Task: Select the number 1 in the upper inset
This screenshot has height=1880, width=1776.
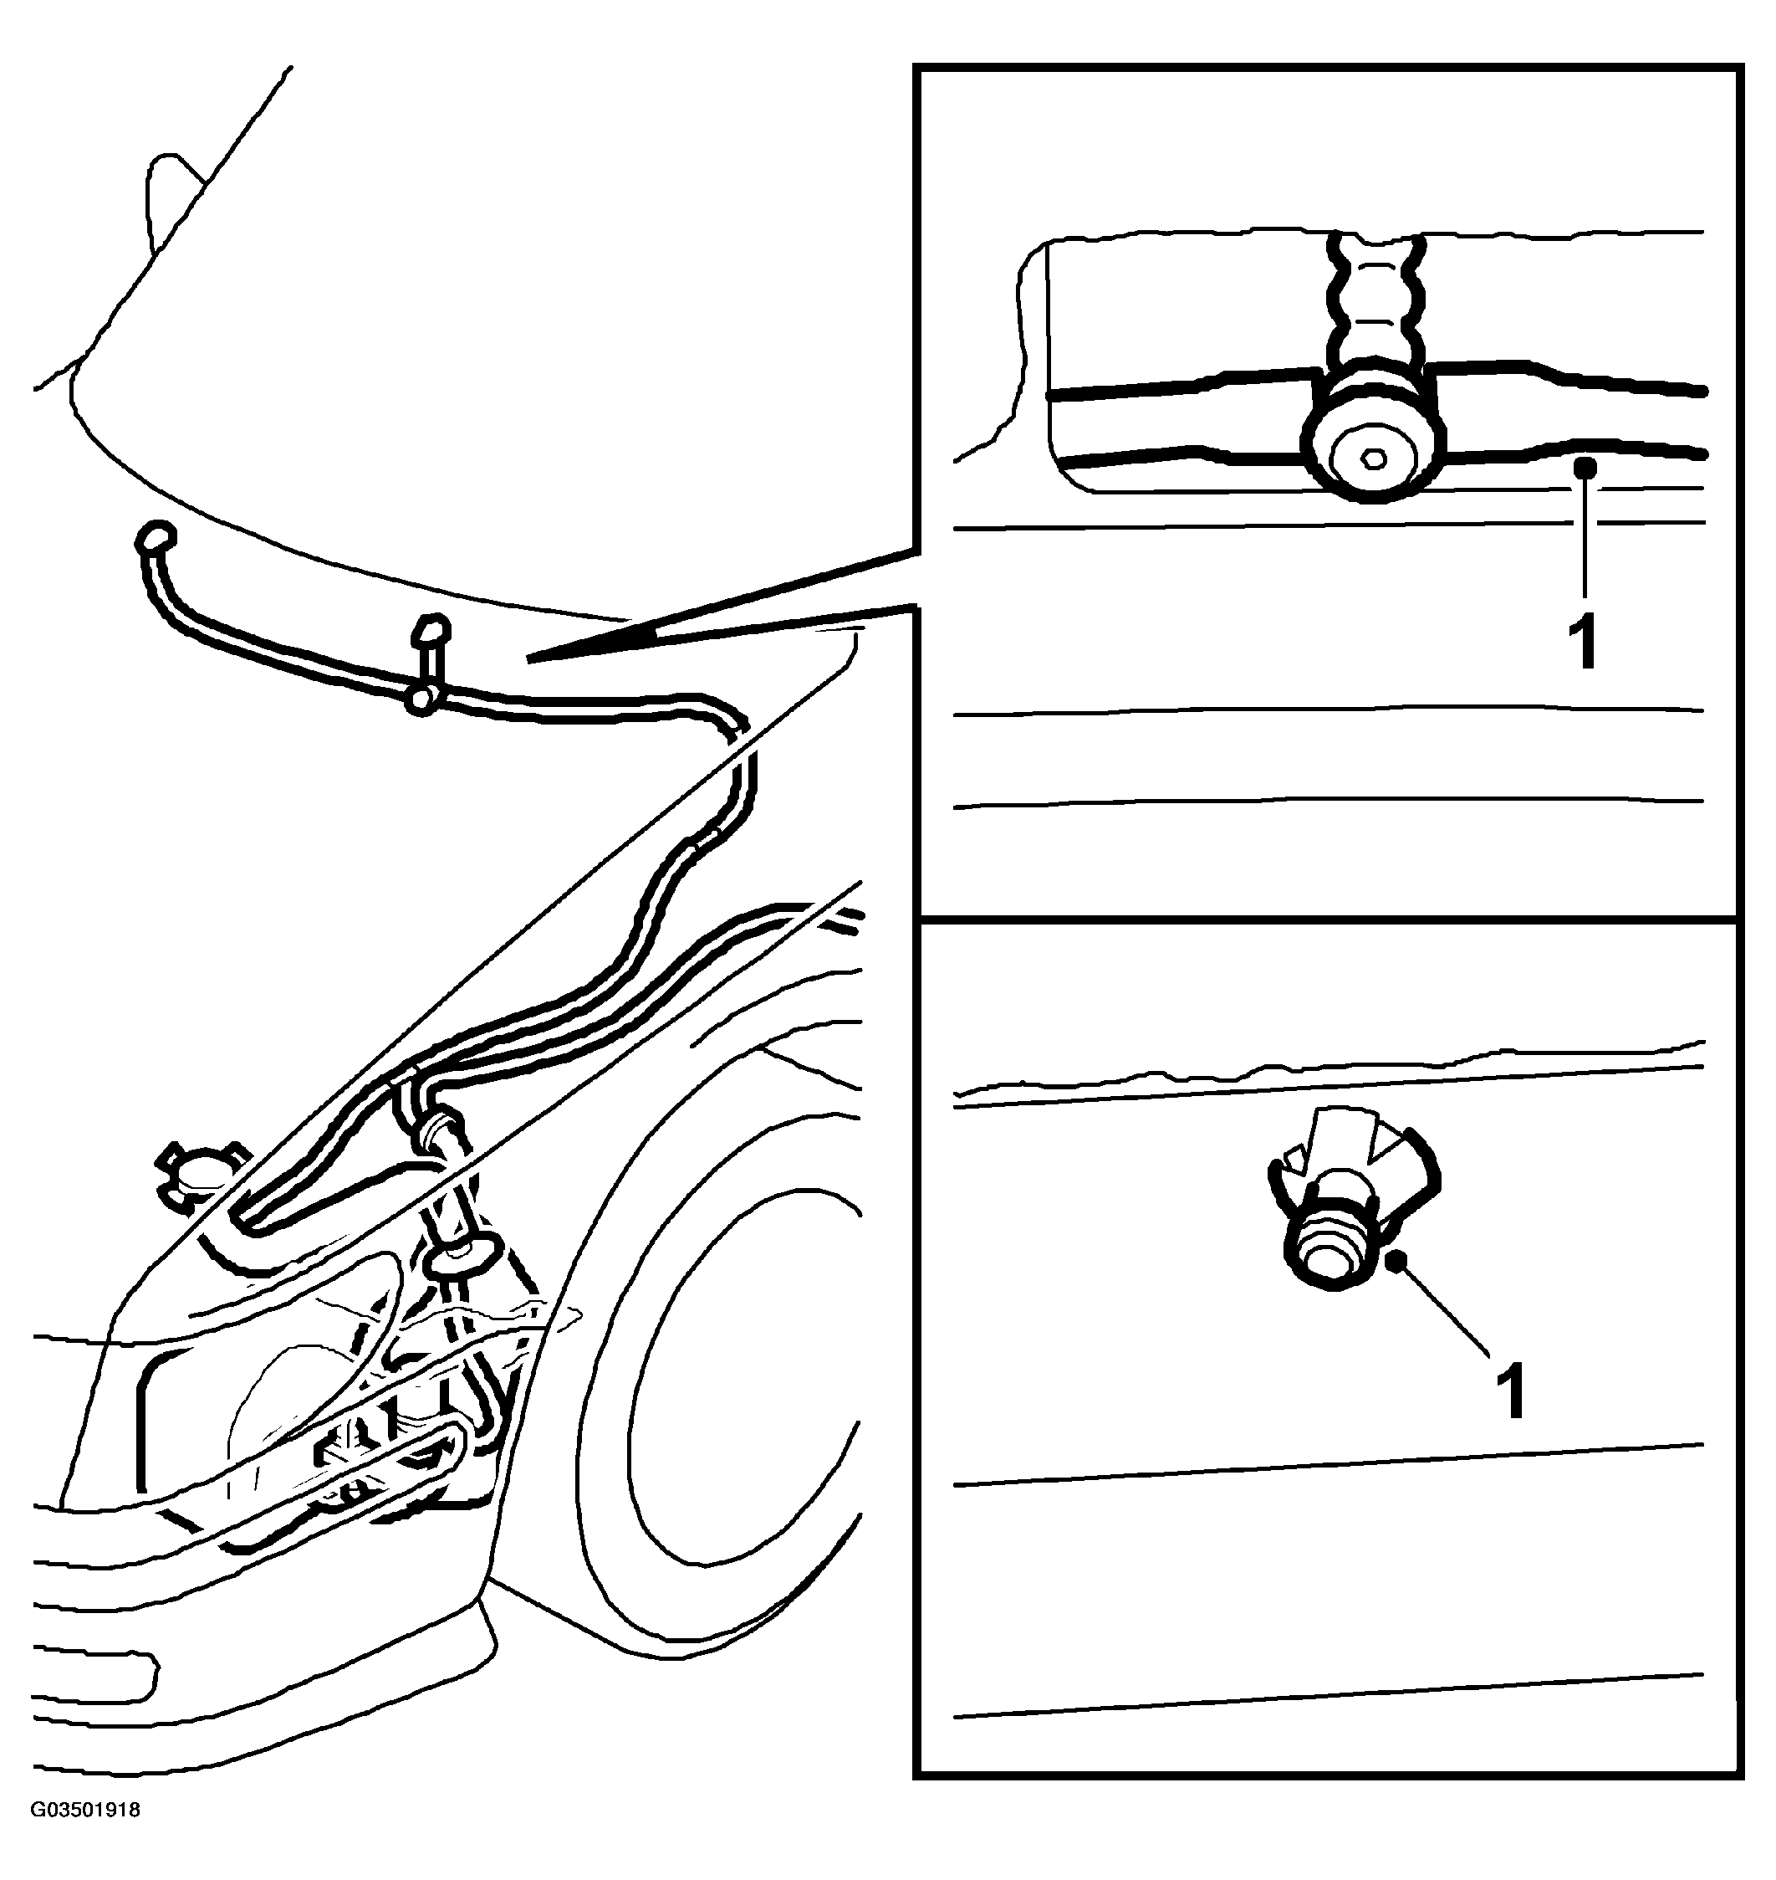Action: click(1584, 641)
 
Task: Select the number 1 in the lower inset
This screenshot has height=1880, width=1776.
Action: click(1510, 1391)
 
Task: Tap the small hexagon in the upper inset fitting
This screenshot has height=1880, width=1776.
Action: click(1372, 459)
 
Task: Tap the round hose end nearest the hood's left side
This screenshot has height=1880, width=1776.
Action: click(156, 537)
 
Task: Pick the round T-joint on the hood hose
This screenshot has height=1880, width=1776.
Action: click(421, 699)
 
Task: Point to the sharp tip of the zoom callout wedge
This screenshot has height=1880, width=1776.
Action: click(528, 658)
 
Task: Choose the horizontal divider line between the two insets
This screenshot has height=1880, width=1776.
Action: click(1327, 918)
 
